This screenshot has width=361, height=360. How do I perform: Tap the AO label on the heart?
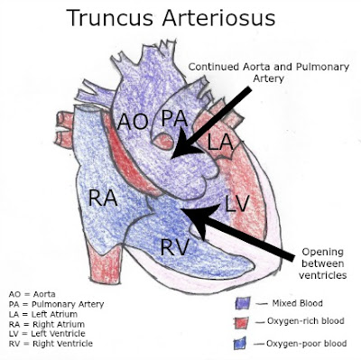click(x=132, y=121)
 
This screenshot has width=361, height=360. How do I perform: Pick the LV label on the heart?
click(x=236, y=204)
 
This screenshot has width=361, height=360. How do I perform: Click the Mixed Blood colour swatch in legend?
click(x=241, y=303)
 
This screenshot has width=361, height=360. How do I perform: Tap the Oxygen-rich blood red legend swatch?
click(x=241, y=322)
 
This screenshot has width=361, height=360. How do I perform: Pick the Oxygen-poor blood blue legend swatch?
click(x=241, y=345)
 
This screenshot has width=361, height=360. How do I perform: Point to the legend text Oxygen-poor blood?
click(x=307, y=344)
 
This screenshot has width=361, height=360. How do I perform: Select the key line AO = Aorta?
click(x=32, y=294)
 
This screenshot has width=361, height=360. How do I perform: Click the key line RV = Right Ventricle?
click(x=48, y=344)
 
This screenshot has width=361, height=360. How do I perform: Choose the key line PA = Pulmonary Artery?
click(x=51, y=304)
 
